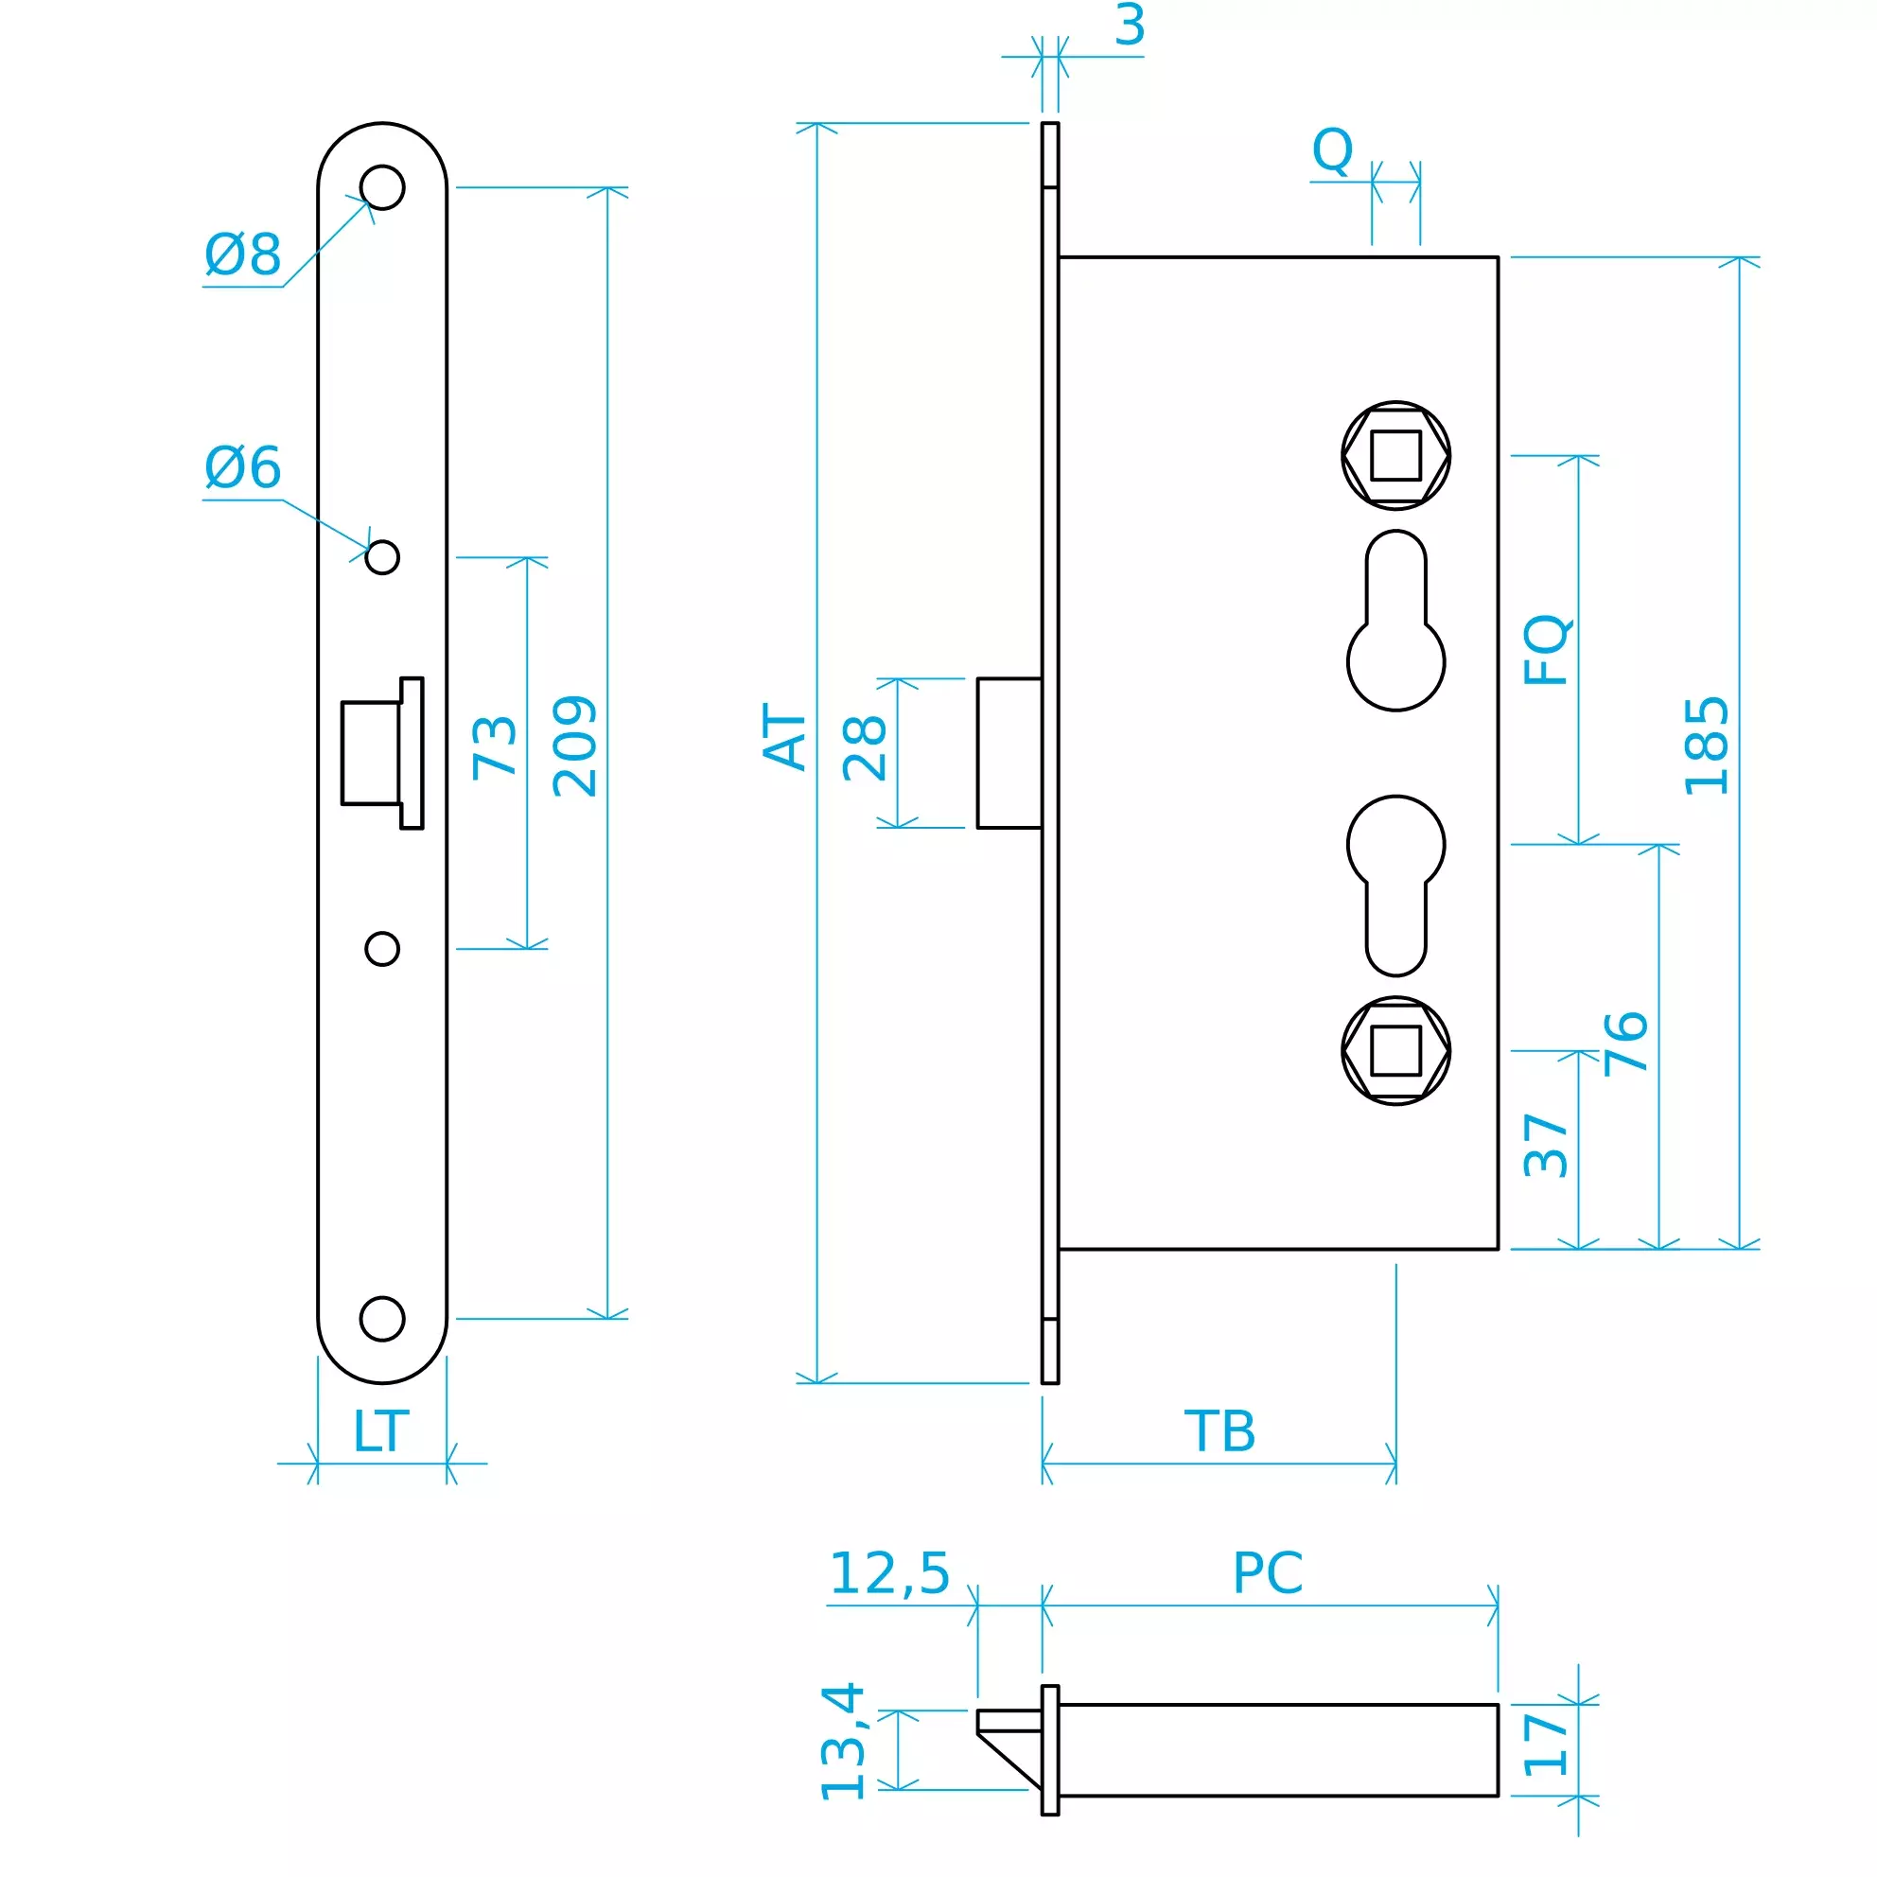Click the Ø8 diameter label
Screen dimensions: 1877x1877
coord(242,254)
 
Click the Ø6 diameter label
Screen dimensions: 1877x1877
coord(242,467)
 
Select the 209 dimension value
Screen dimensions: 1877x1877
coord(575,746)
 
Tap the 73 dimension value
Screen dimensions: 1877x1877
coord(495,746)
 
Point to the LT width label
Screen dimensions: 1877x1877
coord(380,1431)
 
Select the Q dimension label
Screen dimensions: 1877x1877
coord(1332,150)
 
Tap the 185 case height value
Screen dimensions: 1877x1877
coord(1707,746)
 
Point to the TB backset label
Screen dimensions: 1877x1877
coord(1219,1431)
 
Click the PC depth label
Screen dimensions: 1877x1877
coord(1267,1573)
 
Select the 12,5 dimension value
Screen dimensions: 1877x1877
coord(889,1574)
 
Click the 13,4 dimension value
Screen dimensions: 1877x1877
coord(843,1742)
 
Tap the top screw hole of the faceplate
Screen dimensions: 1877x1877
coord(382,187)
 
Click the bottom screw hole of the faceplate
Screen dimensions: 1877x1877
coord(382,1319)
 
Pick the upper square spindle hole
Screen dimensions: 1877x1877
coord(1396,455)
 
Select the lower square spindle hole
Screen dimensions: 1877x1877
coord(1396,1050)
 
